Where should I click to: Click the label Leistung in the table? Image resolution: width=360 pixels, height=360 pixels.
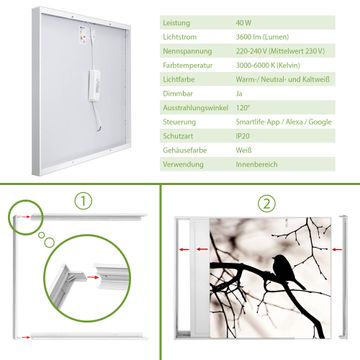[176, 23]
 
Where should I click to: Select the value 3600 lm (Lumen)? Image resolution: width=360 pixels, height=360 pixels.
[262, 37]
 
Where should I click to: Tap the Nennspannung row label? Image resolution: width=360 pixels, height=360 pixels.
[187, 51]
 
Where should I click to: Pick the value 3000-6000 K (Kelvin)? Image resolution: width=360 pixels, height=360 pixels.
[268, 65]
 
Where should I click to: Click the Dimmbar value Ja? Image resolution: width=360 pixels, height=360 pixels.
[239, 94]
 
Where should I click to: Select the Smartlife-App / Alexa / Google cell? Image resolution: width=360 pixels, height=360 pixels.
[284, 122]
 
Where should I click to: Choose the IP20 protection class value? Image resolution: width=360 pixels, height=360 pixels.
[243, 136]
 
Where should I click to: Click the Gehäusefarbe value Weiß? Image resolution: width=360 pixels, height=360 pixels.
[244, 150]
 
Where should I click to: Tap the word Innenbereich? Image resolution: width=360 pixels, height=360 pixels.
[257, 164]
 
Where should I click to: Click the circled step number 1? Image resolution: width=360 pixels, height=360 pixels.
[83, 201]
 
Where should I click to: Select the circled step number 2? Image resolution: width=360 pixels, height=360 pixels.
[266, 204]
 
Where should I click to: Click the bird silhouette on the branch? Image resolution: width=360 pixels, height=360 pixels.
[287, 271]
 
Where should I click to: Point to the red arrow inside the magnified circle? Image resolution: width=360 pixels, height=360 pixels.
[94, 277]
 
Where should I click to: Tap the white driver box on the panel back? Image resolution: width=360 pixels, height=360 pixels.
[94, 85]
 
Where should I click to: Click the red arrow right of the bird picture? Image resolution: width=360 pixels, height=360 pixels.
[337, 249]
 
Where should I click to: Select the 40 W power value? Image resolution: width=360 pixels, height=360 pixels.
[244, 23]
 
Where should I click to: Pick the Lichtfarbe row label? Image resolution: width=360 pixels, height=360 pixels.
[179, 80]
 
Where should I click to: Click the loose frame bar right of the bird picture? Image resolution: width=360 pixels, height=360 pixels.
[343, 277]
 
